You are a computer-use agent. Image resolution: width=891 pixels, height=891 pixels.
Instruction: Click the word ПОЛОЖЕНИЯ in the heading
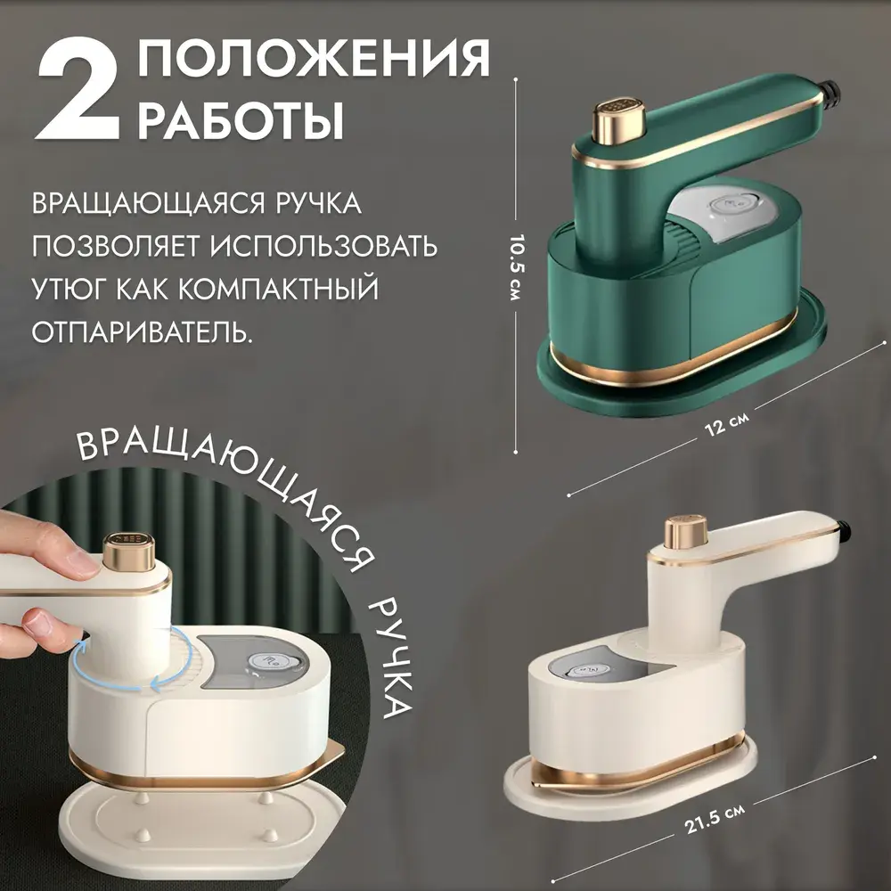314,58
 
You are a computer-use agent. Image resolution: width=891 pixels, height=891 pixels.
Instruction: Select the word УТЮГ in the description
66,288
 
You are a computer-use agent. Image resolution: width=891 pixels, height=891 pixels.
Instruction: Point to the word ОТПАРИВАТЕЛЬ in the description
142,331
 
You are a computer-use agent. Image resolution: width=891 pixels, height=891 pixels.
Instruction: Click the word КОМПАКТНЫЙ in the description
278,288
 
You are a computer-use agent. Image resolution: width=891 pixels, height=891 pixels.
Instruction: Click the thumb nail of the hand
37,622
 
